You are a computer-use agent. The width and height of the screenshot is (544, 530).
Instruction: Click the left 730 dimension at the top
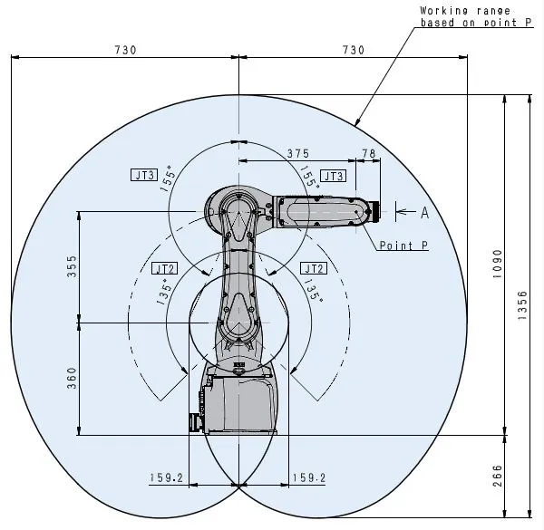click(125, 50)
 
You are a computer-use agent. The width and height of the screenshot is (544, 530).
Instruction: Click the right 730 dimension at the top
click(353, 50)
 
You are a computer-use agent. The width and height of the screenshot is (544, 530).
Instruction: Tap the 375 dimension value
click(296, 153)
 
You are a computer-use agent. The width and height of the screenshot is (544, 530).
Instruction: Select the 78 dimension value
click(368, 153)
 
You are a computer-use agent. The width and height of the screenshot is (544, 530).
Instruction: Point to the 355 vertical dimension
click(72, 266)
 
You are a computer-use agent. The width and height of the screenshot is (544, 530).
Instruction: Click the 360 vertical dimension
click(72, 378)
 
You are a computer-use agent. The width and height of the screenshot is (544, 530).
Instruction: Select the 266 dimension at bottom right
click(497, 475)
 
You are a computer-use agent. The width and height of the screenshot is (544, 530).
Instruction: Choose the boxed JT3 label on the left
click(144, 174)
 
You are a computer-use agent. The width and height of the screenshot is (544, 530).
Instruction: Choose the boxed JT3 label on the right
click(333, 176)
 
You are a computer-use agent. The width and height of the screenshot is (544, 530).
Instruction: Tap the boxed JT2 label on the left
click(164, 268)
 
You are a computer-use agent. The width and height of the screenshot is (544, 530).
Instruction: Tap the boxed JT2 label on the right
click(313, 268)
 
